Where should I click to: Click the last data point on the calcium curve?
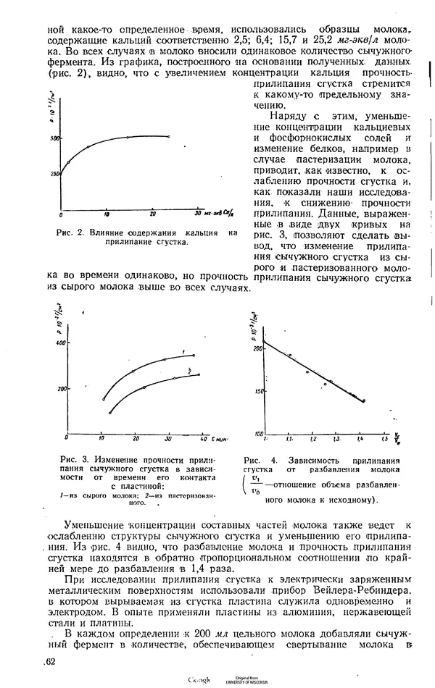pos(168,136)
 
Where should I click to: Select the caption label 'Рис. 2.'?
pos(70,232)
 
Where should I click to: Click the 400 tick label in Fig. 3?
pos(60,343)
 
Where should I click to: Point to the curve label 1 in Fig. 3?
pos(184,352)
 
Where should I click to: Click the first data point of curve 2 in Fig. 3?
pos(110,413)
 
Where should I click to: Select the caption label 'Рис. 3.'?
pos(77,459)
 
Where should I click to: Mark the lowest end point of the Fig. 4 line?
pos(363,400)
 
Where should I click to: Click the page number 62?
pos(49,660)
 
